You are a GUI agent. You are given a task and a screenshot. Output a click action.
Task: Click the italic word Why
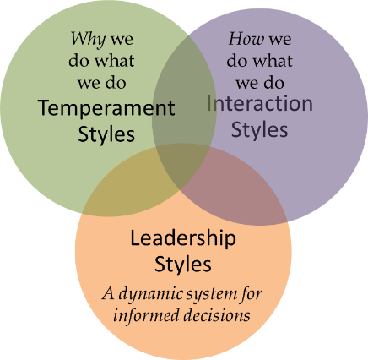(x=88, y=40)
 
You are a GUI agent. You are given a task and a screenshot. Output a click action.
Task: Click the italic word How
(x=246, y=39)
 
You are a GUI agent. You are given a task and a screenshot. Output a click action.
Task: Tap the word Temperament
(x=106, y=108)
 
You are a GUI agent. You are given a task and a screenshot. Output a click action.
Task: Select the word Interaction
(x=260, y=104)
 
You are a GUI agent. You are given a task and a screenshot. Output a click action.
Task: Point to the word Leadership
(x=183, y=239)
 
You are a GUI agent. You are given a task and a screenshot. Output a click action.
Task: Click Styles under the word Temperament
(x=106, y=134)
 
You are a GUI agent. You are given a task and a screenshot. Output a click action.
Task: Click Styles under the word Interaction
(x=259, y=130)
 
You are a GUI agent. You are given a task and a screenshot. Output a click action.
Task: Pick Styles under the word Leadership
(x=183, y=265)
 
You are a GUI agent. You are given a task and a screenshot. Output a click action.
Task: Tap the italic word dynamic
(x=150, y=295)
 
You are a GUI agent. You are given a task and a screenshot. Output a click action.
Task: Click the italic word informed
(x=146, y=315)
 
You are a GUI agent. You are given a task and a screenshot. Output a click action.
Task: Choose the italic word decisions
(x=217, y=315)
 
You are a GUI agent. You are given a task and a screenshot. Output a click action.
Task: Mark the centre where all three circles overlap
(x=183, y=166)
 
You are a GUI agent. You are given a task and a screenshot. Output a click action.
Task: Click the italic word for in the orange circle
(x=252, y=294)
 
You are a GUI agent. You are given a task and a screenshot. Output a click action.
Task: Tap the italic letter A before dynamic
(x=109, y=293)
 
